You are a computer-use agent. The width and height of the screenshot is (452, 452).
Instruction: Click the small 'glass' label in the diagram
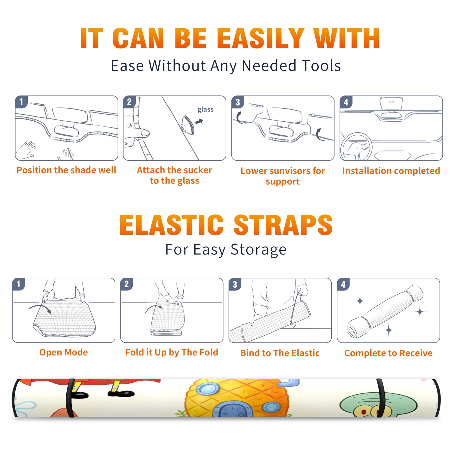(x=205, y=110)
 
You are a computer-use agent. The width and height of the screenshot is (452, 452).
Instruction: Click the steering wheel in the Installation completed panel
(x=356, y=147)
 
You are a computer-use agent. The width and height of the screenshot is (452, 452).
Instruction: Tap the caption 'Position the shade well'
(x=66, y=170)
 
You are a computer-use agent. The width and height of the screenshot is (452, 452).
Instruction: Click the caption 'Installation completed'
(x=391, y=171)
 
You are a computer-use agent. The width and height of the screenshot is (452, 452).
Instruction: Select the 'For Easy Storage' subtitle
(x=226, y=249)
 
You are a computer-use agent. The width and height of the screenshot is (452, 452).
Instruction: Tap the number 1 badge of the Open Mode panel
(x=19, y=284)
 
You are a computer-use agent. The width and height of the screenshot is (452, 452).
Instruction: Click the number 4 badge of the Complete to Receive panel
(x=343, y=284)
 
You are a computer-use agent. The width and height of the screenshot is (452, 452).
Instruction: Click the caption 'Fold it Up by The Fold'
(x=172, y=352)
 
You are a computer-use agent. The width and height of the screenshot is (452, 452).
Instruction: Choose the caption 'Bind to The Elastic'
(x=280, y=353)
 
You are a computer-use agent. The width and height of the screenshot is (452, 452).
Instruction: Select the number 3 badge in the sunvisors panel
(x=238, y=102)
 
